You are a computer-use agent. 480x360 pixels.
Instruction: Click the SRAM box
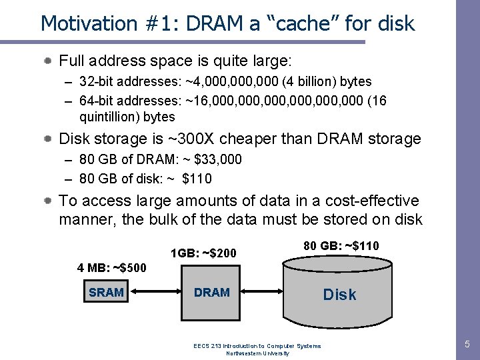coord(106,292)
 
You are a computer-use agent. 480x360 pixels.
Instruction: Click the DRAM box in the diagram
coord(211,292)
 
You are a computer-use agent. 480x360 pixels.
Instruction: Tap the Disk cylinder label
coord(339,294)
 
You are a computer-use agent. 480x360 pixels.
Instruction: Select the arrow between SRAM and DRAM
coord(154,292)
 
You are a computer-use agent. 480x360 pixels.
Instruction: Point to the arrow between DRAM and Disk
coord(263,292)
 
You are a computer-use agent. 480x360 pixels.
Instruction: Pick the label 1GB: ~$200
coord(203,253)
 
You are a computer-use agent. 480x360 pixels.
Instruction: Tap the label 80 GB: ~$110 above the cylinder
coord(341,246)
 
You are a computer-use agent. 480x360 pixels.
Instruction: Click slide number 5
coord(467,345)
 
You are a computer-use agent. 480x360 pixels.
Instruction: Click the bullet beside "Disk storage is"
coord(49,139)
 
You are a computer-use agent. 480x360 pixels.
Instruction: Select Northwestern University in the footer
coord(257,353)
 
